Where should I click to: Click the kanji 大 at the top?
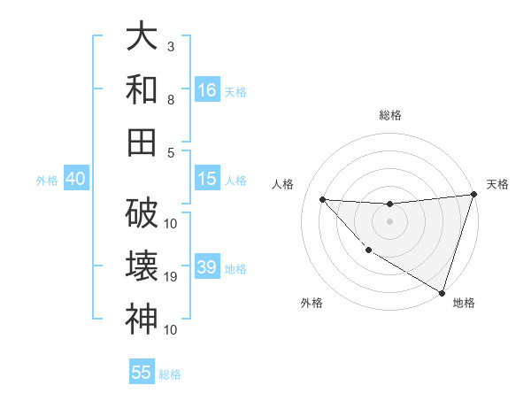(x=142, y=36)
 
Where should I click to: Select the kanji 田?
(x=142, y=142)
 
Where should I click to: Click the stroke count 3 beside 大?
(x=171, y=46)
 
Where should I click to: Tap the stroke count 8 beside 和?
(x=171, y=100)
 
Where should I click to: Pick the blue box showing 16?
(x=207, y=90)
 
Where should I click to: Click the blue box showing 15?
(x=207, y=179)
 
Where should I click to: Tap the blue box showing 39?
(x=207, y=267)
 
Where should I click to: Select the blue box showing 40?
(x=75, y=179)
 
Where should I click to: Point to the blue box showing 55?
(x=142, y=373)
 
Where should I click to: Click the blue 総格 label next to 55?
(x=170, y=374)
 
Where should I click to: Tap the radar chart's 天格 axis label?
(x=497, y=184)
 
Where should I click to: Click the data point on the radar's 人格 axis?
(x=323, y=199)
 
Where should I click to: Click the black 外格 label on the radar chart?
(x=312, y=304)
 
